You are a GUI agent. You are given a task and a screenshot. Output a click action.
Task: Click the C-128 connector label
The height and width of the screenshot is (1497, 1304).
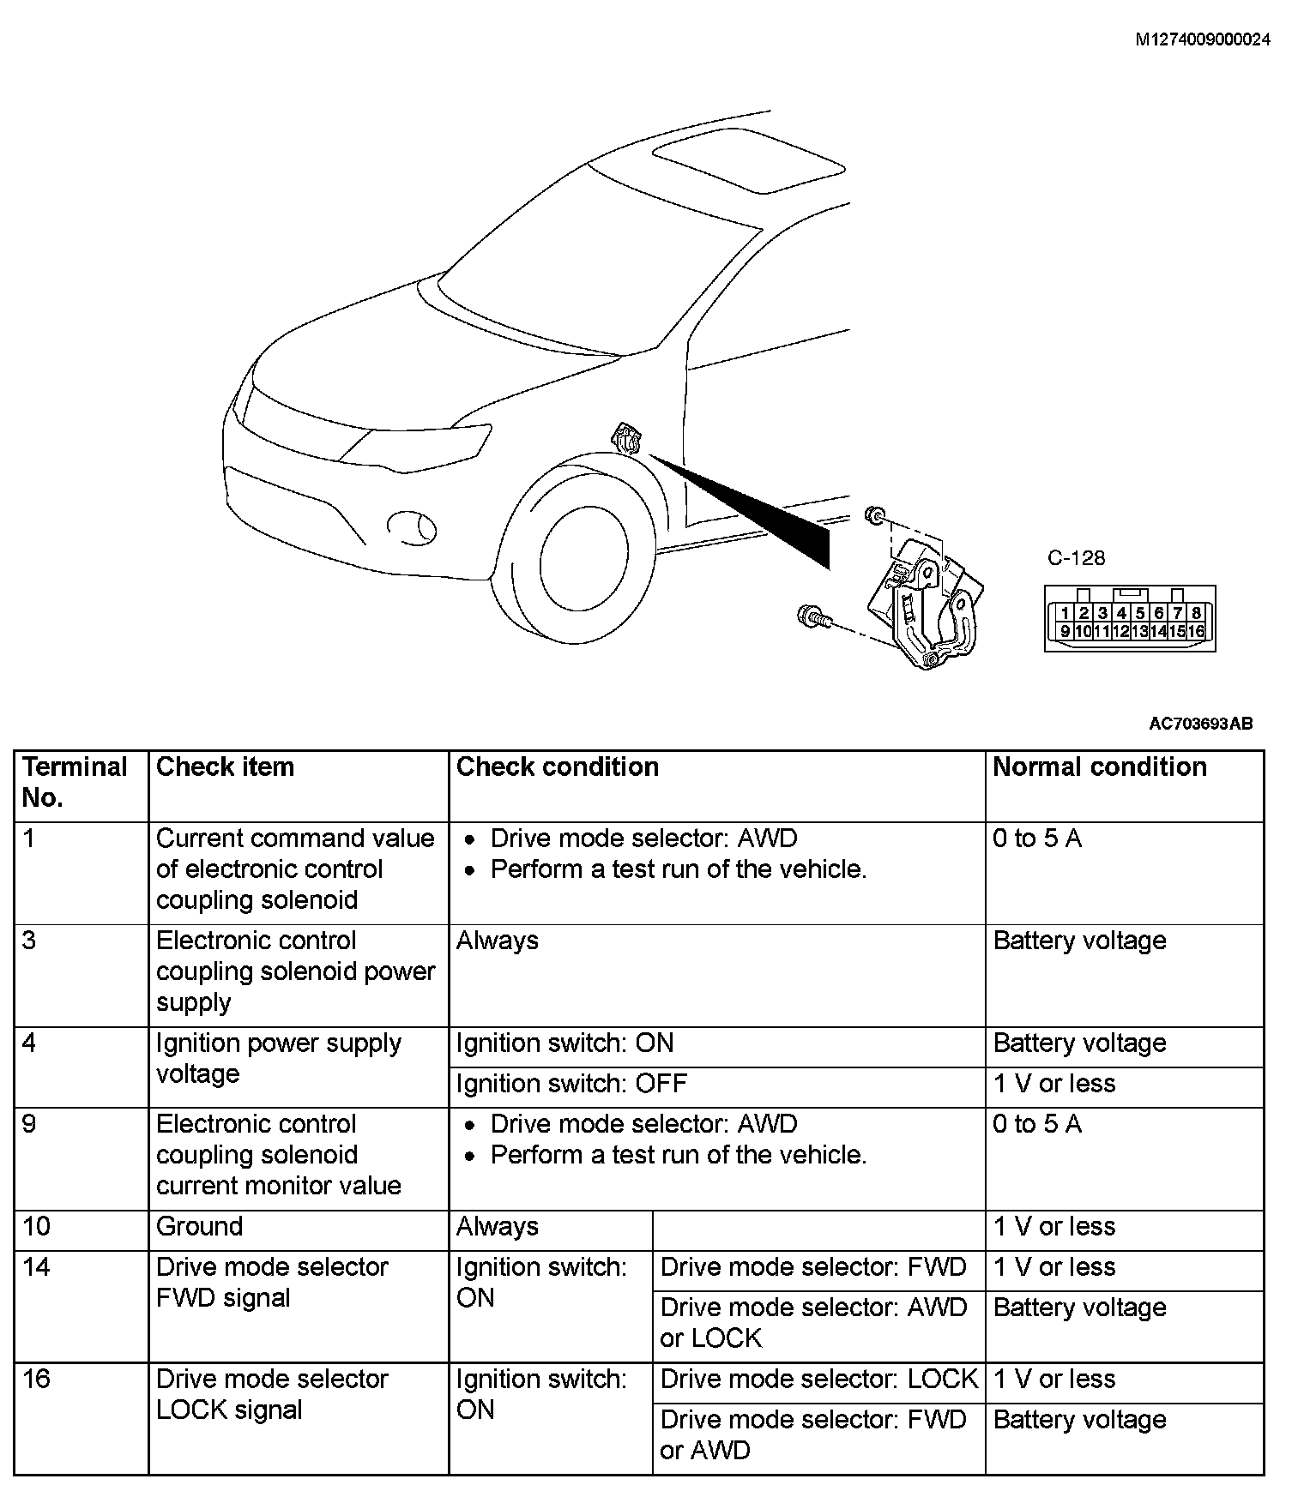click(x=1076, y=558)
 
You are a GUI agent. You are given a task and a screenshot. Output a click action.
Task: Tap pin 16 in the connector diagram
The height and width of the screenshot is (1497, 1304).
click(x=1196, y=631)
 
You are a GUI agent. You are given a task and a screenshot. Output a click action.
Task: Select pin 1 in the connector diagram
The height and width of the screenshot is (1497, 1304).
click(x=1065, y=613)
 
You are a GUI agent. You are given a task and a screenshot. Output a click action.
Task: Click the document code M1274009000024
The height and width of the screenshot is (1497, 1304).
click(x=1202, y=39)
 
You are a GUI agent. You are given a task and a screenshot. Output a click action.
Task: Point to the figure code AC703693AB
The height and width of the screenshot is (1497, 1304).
click(x=1200, y=724)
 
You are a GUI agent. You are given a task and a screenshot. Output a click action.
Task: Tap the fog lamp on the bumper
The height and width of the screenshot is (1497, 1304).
click(x=411, y=526)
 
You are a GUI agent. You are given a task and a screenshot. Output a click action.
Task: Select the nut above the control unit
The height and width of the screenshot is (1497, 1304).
click(x=875, y=514)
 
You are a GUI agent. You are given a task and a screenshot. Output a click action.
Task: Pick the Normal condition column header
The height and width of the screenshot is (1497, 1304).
click(x=1099, y=767)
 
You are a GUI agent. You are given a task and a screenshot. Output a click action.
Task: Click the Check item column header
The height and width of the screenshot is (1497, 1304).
click(x=225, y=767)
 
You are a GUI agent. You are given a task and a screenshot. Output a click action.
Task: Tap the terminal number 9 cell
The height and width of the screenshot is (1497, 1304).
click(x=30, y=1124)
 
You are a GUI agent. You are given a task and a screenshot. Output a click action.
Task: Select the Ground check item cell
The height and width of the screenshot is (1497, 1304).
click(x=199, y=1227)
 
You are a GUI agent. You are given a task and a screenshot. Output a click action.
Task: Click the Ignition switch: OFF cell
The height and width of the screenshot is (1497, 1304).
click(x=571, y=1084)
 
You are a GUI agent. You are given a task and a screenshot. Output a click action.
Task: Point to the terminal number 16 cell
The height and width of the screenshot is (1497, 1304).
click(x=37, y=1380)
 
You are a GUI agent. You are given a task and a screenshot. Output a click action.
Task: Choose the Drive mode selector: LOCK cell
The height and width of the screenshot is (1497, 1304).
click(x=818, y=1380)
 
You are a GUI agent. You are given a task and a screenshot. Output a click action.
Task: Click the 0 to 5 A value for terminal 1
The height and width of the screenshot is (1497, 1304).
click(x=1036, y=839)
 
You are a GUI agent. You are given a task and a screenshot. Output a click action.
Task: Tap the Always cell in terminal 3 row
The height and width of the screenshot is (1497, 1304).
click(x=498, y=941)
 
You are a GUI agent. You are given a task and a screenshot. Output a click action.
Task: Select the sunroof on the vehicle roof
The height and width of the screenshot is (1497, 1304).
click(x=748, y=160)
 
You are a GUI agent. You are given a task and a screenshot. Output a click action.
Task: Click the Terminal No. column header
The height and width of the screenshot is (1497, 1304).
click(x=75, y=782)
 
